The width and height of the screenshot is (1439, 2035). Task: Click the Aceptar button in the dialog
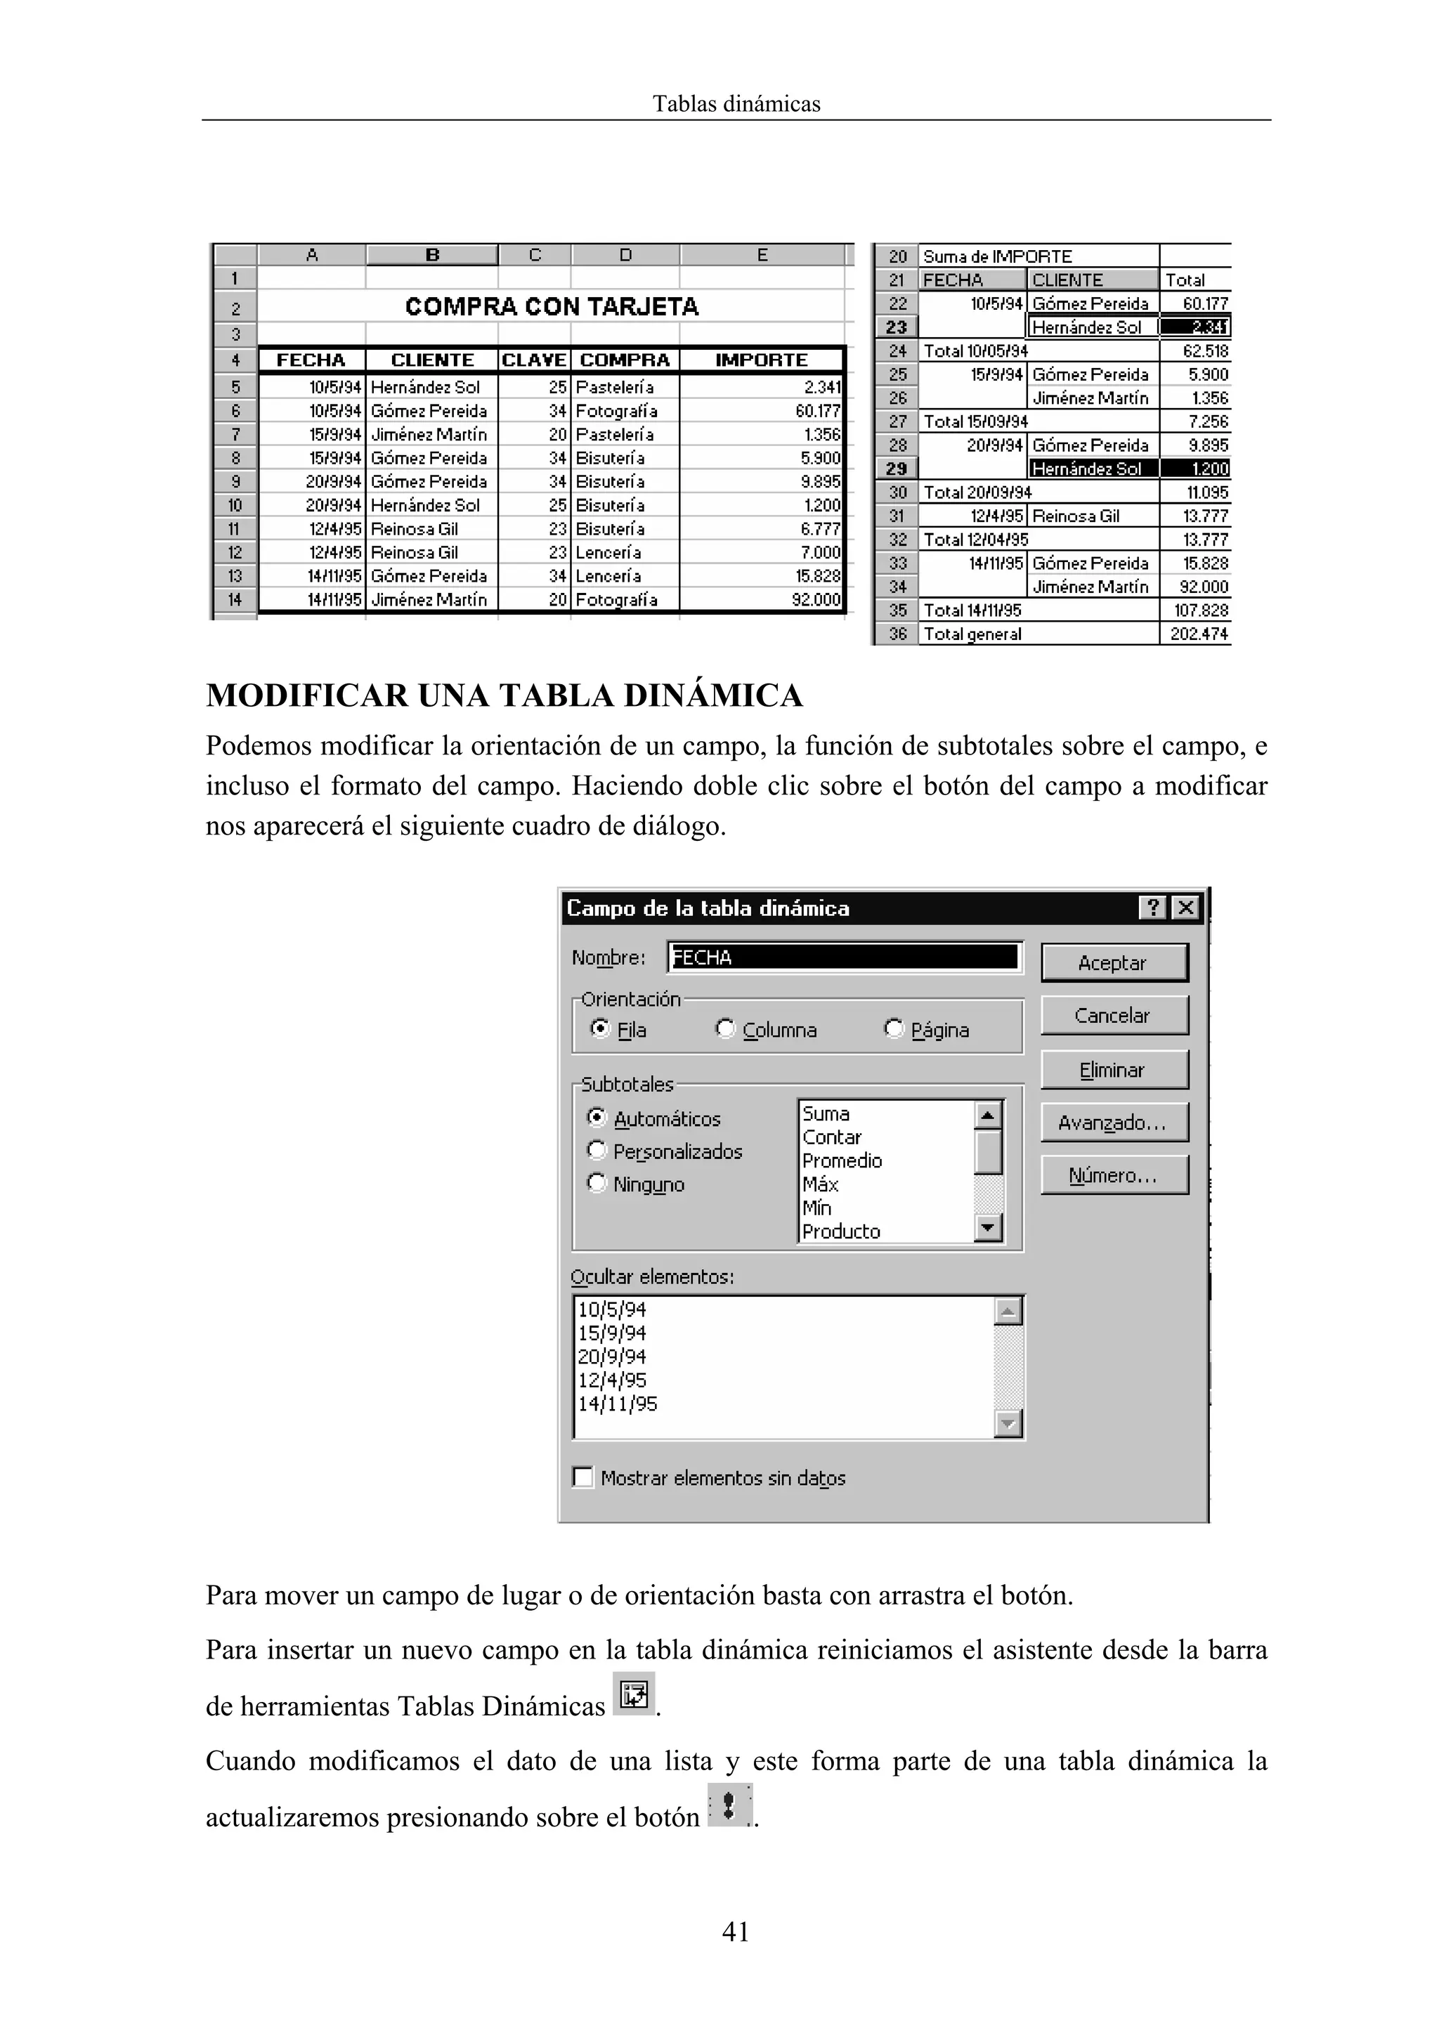point(1114,962)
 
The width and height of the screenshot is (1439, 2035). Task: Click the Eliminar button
point(1114,1070)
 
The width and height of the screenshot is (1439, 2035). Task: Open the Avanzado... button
point(1114,1123)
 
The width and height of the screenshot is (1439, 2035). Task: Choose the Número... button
point(1114,1175)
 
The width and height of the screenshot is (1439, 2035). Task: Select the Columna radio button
point(726,1029)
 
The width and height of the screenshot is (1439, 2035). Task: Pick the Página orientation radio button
point(894,1029)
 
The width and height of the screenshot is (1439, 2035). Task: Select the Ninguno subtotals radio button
point(597,1183)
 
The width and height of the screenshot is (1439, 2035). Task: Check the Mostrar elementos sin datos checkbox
point(583,1477)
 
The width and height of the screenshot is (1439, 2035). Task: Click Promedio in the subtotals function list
point(842,1160)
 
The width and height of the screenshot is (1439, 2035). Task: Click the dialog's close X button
point(1185,908)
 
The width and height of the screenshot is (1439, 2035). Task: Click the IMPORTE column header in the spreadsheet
point(761,360)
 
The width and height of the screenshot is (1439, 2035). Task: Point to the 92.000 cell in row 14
point(816,600)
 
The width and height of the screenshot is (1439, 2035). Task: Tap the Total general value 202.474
point(1199,634)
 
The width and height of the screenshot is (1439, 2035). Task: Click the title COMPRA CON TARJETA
point(552,307)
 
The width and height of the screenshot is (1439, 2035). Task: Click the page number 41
point(736,1931)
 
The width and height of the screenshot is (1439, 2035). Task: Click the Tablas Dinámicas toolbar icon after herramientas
point(634,1694)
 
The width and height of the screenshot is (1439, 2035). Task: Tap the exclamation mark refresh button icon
point(729,1805)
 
